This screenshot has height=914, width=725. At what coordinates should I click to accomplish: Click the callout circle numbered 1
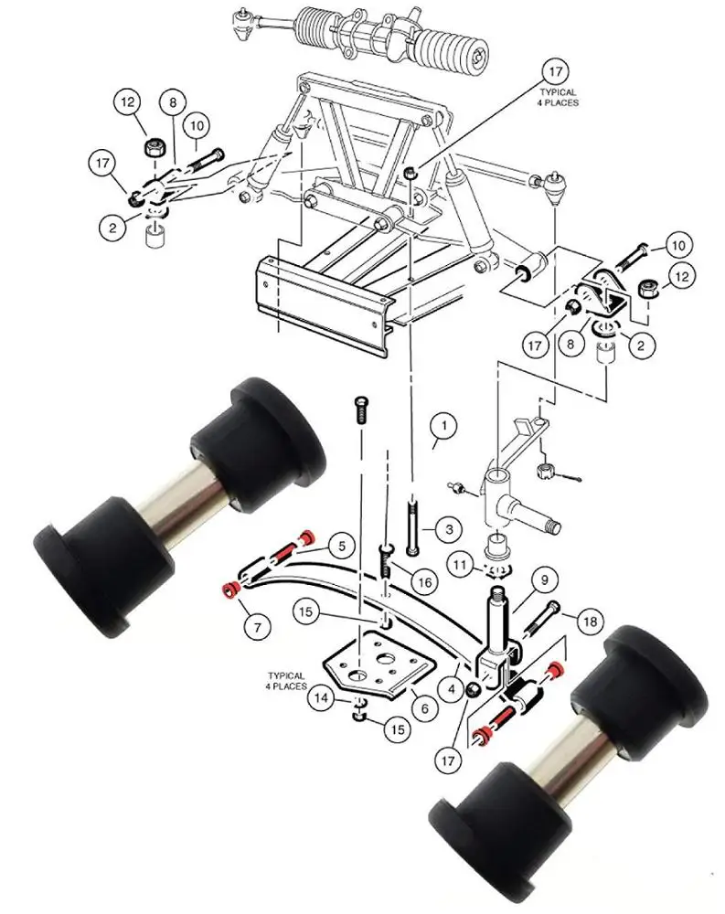[x=442, y=426]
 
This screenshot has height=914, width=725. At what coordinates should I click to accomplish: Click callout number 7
[x=257, y=627]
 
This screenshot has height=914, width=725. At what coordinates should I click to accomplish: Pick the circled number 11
[x=461, y=565]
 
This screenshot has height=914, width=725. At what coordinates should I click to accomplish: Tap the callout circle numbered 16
[x=422, y=582]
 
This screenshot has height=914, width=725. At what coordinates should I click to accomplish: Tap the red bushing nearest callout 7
[x=231, y=587]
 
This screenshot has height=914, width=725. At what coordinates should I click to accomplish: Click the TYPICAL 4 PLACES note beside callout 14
[x=285, y=679]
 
